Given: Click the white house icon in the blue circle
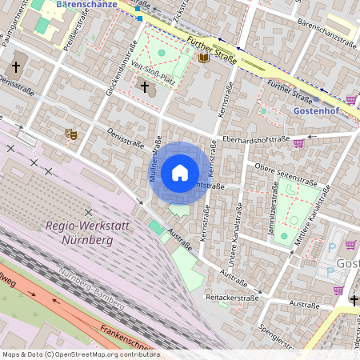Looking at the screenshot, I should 180,173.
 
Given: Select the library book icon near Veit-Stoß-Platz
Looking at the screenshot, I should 203,58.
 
